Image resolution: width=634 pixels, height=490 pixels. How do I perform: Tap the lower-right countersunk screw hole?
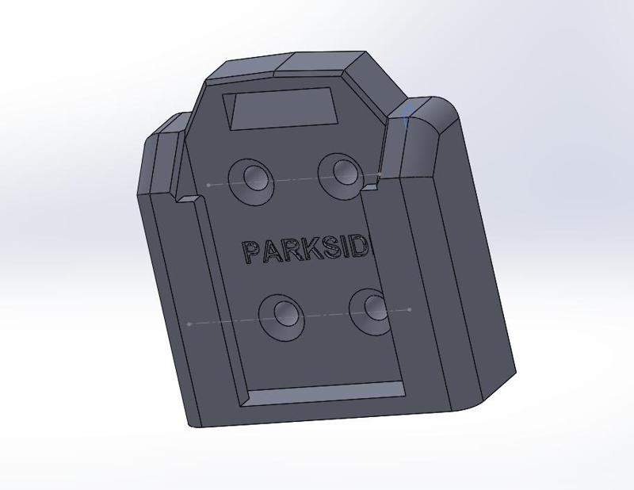click(373, 308)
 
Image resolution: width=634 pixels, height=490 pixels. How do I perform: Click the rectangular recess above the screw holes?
click(282, 109)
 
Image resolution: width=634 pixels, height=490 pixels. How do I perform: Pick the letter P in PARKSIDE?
click(252, 252)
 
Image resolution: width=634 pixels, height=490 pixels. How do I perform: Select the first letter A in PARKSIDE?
click(271, 252)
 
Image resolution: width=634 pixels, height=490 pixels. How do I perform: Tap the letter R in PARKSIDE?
click(292, 251)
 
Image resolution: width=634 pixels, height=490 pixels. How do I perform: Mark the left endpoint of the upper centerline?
click(208, 185)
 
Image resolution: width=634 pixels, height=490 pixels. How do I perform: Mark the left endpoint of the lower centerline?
click(189, 323)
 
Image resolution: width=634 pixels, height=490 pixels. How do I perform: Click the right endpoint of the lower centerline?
click(409, 309)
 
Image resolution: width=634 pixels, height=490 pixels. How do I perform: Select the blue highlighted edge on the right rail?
click(407, 115)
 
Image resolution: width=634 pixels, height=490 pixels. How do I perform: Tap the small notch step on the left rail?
click(188, 196)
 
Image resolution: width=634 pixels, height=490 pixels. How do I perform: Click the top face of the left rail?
click(168, 125)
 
